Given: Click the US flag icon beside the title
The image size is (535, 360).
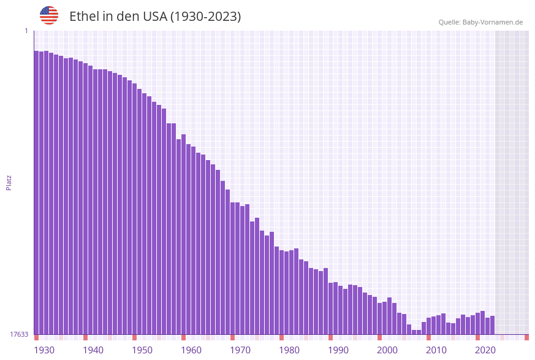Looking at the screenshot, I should coord(49,15).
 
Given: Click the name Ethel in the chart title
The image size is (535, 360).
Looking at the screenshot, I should coord(83,17).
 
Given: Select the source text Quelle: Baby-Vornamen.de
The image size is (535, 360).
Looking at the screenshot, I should coord(480,22).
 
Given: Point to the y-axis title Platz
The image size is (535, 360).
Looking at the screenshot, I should coord(9,182).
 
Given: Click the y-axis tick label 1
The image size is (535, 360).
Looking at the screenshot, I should coord(26,31).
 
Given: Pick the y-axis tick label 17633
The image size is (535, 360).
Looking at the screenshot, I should coord(19,334).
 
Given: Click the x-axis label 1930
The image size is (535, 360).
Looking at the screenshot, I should coord(44,350).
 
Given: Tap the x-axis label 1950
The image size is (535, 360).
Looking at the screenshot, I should coord(142,350).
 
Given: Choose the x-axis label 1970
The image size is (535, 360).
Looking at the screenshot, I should coord(240,350).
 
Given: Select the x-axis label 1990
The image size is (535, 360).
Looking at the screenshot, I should coord(338,350).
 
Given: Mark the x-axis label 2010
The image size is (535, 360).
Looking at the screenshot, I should coord(436,350).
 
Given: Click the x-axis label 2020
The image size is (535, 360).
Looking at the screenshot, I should coord(485,350).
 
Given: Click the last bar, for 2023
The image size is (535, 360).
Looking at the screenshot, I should coord(492,325).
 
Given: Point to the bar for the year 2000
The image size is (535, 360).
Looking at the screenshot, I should coord(379,318).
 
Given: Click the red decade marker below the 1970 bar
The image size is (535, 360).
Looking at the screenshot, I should coord(232,337).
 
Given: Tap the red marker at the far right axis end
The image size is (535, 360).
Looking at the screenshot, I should coord(526,337).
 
